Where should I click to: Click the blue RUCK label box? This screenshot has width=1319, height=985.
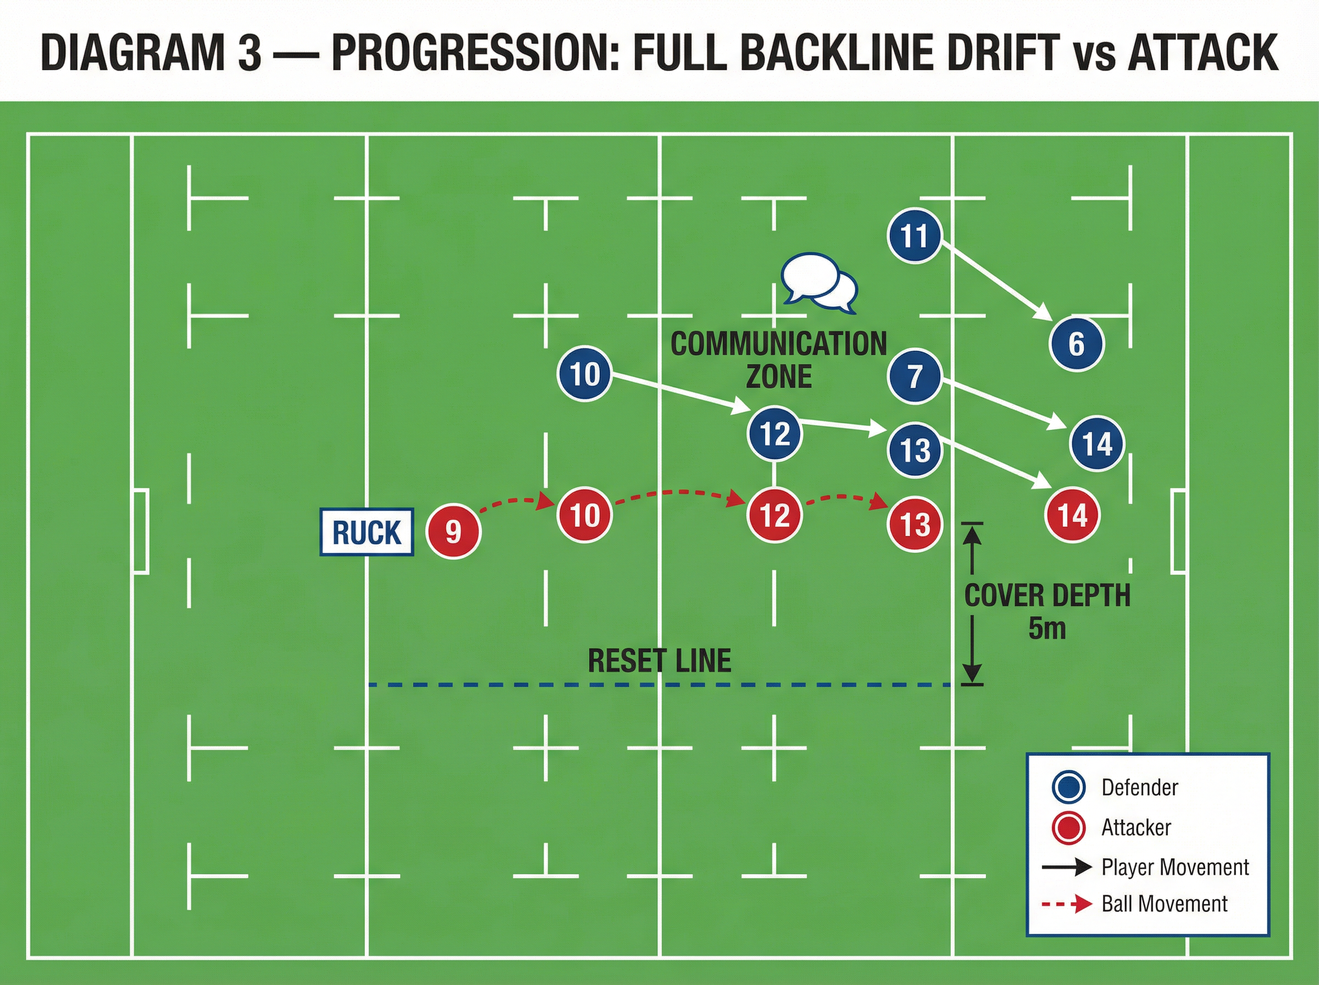coord(367,532)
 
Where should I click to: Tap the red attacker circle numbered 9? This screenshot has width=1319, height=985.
coord(453,530)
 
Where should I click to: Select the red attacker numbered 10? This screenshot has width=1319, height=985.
coord(584,514)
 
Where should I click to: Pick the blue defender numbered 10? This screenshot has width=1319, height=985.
coord(584,374)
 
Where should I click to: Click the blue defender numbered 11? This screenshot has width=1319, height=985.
coord(915,235)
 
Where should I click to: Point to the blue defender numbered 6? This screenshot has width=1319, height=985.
coord(1077,344)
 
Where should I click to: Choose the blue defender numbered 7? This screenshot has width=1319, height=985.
coord(915,376)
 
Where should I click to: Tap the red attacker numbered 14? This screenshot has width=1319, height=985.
coord(1072,515)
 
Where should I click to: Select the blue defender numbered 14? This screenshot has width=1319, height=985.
coord(1096,444)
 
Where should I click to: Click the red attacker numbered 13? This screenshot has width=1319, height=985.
coord(915,524)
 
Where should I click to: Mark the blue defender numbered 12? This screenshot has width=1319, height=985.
coord(774,434)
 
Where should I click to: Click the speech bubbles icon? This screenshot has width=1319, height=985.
coord(819,283)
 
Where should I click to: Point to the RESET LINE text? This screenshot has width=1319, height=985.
coord(659,661)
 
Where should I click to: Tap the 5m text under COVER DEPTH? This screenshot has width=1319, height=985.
coord(1046,628)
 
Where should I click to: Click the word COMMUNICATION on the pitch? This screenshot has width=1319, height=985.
coord(778,344)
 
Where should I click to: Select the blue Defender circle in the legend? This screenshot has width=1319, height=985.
coord(1069,787)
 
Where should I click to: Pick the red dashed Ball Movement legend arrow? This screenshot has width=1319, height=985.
coord(1067,904)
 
